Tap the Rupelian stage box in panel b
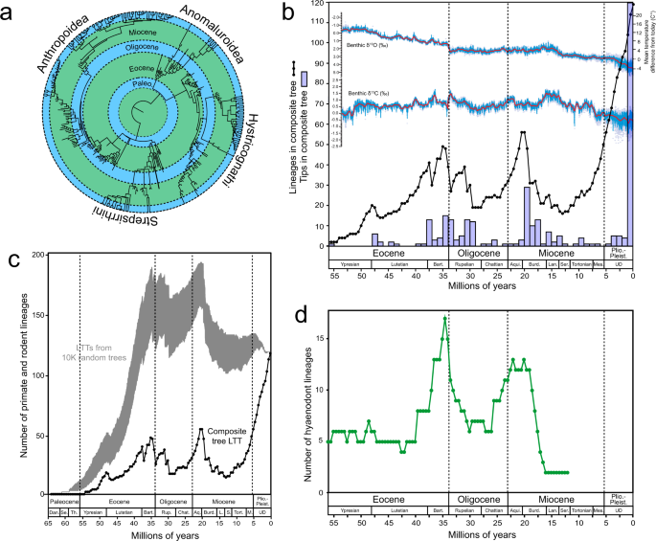[x=464, y=260]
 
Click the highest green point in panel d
[x=444, y=318]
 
